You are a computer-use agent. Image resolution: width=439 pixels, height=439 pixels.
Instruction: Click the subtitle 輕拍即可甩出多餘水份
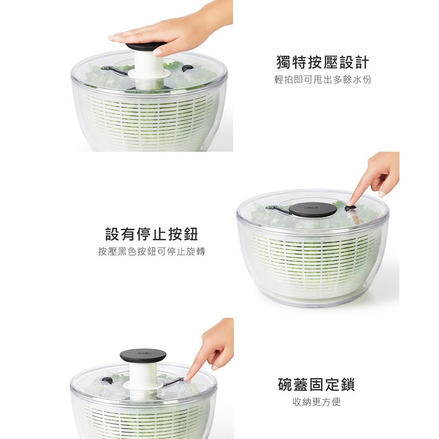click(x=323, y=80)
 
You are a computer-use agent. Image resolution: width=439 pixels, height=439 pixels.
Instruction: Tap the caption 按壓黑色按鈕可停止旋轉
click(x=151, y=252)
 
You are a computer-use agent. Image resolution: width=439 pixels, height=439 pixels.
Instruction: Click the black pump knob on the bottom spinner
click(x=143, y=356)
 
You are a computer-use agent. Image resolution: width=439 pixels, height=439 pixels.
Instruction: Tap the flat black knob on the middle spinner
click(x=313, y=210)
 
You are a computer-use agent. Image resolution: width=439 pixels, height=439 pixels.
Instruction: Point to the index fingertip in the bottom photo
click(x=188, y=377)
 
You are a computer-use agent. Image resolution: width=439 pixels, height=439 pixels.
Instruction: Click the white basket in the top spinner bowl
click(x=148, y=118)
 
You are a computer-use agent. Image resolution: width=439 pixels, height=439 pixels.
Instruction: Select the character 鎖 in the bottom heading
click(x=347, y=384)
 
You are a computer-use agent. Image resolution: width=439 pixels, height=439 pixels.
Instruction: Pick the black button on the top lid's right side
click(x=188, y=69)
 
